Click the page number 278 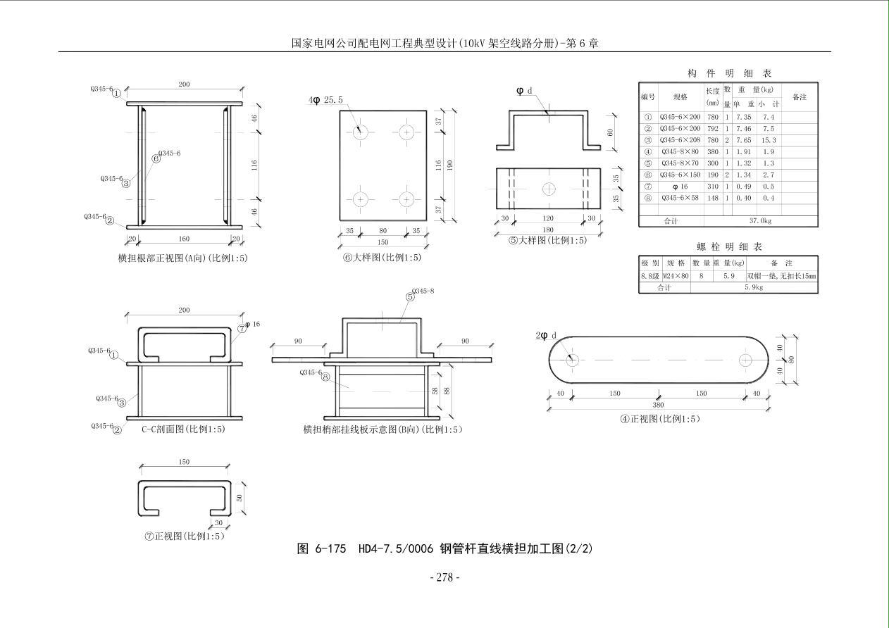click(x=444, y=577)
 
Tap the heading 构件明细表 click(x=729, y=73)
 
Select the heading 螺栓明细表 click(x=729, y=246)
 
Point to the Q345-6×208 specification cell click(x=680, y=140)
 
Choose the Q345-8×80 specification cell click(x=680, y=151)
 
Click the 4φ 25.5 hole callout click(x=325, y=100)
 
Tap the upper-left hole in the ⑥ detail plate click(x=361, y=132)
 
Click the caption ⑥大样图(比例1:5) click(x=382, y=258)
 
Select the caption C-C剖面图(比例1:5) click(x=183, y=429)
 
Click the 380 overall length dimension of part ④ click(x=658, y=405)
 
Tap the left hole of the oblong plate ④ click(x=571, y=360)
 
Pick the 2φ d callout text click(x=547, y=335)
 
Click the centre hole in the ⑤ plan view click(x=549, y=189)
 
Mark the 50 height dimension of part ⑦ click(x=239, y=497)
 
